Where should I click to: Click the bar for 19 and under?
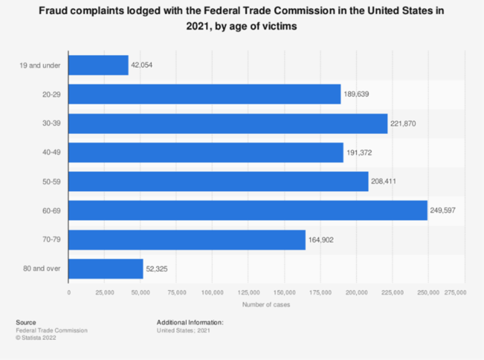[x=98, y=65]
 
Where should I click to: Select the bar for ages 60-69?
[x=248, y=211]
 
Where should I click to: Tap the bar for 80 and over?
[x=106, y=269]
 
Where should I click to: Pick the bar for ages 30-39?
[x=228, y=123]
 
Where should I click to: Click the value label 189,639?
[x=357, y=94]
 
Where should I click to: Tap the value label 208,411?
[x=385, y=182]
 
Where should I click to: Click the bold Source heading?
[x=26, y=323]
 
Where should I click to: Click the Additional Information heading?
[x=190, y=323]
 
